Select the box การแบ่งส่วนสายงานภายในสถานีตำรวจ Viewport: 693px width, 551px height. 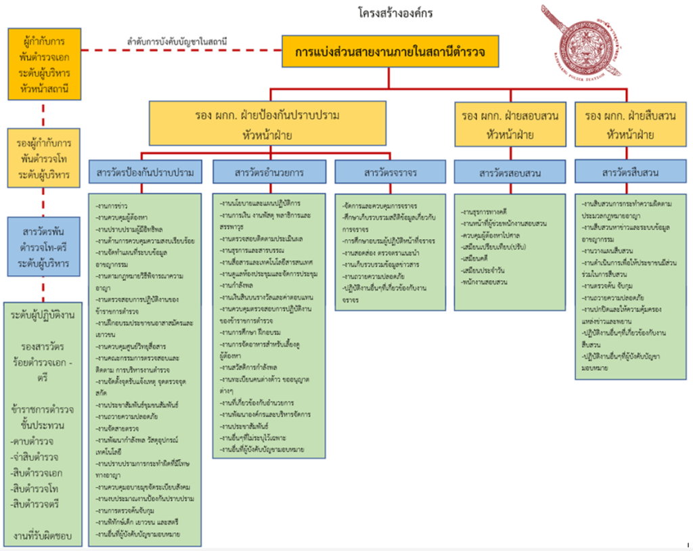click(x=389, y=51)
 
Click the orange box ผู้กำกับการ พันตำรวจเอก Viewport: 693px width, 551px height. click(x=45, y=64)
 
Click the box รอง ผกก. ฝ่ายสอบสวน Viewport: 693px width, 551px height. click(x=510, y=124)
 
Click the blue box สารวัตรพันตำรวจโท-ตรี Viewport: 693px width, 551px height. click(x=45, y=247)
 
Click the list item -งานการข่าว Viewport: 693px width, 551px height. click(x=113, y=204)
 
